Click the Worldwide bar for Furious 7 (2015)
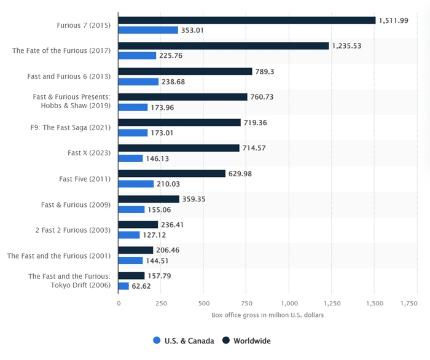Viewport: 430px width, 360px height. [x=246, y=20]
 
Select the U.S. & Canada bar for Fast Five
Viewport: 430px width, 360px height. [x=136, y=184]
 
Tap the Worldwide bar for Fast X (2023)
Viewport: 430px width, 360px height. [x=179, y=148]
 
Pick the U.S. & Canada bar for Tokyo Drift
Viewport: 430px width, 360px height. [x=123, y=286]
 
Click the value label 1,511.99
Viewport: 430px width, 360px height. [x=396, y=20]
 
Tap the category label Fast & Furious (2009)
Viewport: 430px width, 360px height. [x=76, y=205]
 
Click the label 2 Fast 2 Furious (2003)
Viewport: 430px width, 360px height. [x=73, y=230]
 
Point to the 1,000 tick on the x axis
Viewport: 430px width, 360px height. [x=289, y=303]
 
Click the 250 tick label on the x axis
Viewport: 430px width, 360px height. [x=161, y=303]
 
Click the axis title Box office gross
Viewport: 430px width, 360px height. [x=268, y=315]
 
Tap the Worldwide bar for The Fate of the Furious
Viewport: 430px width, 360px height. [x=224, y=46]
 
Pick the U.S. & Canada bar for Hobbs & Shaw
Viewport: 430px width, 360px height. [x=133, y=107]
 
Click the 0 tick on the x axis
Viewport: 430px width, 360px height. [x=119, y=303]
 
